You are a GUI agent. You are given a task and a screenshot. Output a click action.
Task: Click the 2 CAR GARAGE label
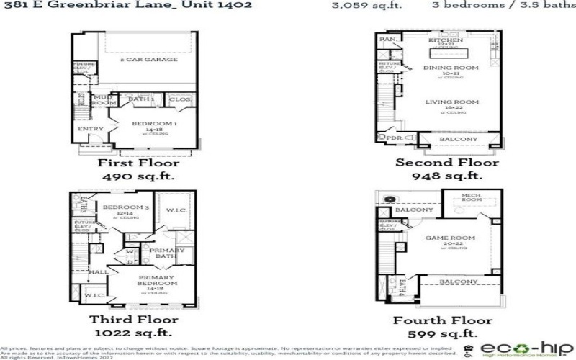[148, 60]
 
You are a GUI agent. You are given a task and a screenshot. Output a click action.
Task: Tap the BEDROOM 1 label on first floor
[154, 124]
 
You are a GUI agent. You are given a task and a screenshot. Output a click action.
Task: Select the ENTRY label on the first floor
[92, 129]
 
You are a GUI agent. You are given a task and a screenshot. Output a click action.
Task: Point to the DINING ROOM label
[451, 68]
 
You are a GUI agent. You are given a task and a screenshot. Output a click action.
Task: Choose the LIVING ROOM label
[452, 102]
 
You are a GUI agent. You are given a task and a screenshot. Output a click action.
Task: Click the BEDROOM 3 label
[125, 207]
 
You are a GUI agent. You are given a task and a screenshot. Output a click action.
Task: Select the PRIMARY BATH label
[167, 253]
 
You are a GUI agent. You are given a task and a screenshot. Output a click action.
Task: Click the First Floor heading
[138, 163]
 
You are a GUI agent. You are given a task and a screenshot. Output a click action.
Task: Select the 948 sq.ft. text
[446, 176]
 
